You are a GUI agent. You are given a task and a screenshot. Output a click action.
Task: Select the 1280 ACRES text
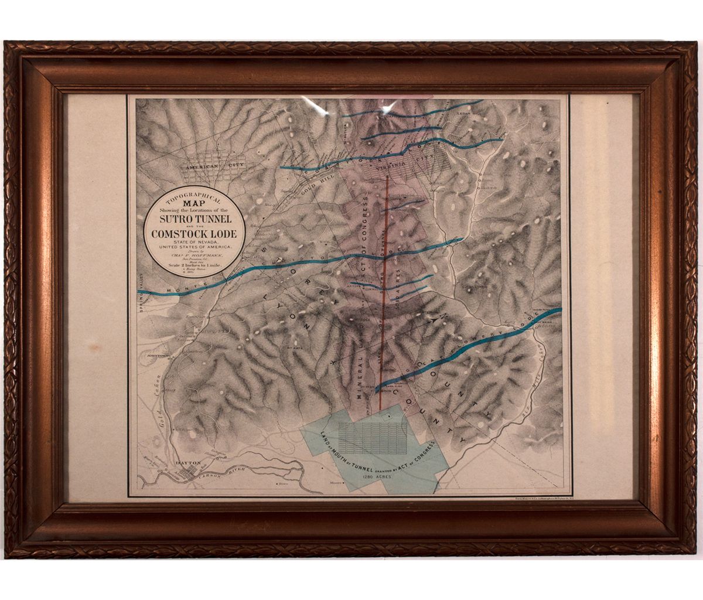[x=378, y=478]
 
